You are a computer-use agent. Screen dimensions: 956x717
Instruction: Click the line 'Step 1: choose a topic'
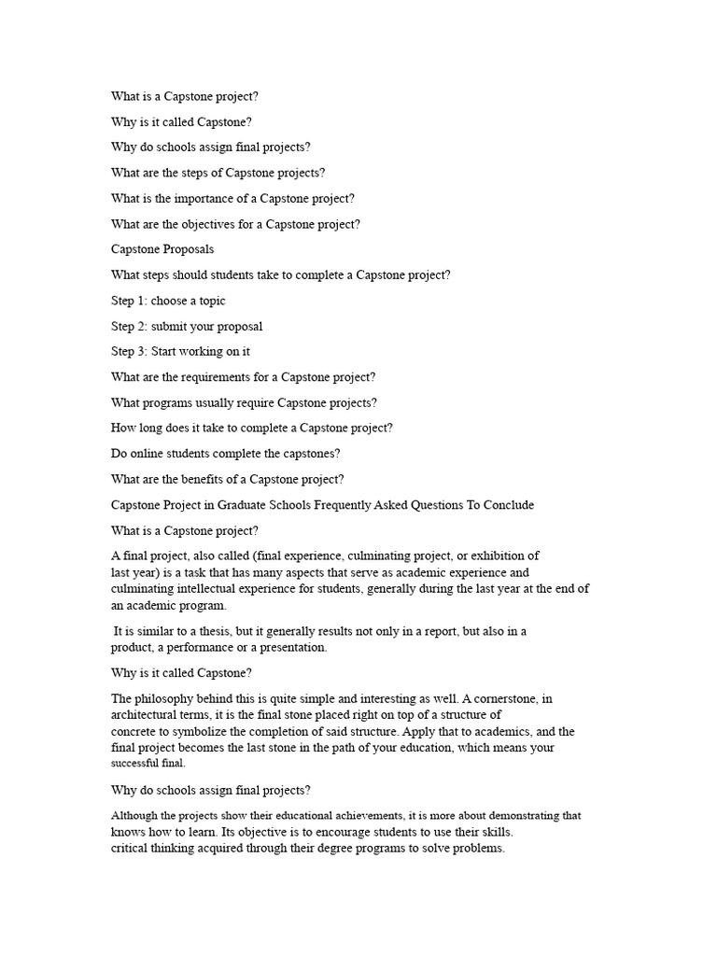click(x=168, y=301)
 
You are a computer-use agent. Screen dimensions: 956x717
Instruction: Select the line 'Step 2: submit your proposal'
click(x=187, y=326)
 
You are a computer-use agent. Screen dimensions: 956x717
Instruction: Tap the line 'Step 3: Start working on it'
click(x=180, y=352)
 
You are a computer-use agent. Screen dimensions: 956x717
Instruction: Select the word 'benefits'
click(x=218, y=479)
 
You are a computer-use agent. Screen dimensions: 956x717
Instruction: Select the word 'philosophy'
click(x=168, y=698)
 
